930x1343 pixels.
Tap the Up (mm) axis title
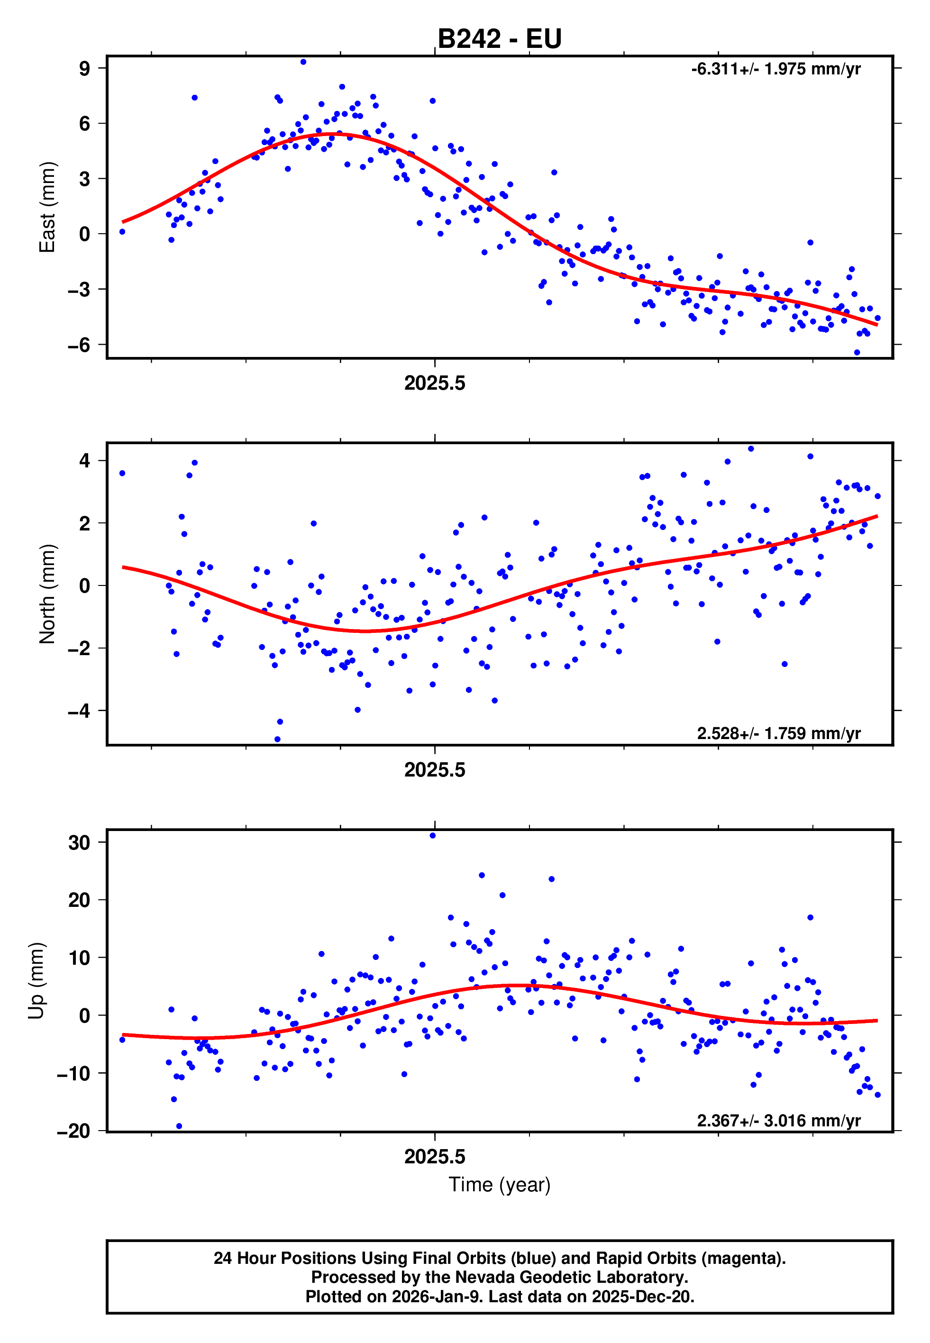point(36,981)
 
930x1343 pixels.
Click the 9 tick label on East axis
point(84,69)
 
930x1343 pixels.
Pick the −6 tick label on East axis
point(79,345)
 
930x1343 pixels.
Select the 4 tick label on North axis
point(84,461)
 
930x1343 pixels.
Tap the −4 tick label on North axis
point(79,711)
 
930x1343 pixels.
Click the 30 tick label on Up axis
point(79,842)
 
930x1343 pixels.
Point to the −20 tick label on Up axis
point(73,1132)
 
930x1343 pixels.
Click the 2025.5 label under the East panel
point(435,384)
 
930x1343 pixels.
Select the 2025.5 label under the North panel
point(435,770)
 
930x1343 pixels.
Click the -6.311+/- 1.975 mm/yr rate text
point(775,69)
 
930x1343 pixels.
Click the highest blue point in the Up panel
point(432,835)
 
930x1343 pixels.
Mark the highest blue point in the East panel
point(303,62)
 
